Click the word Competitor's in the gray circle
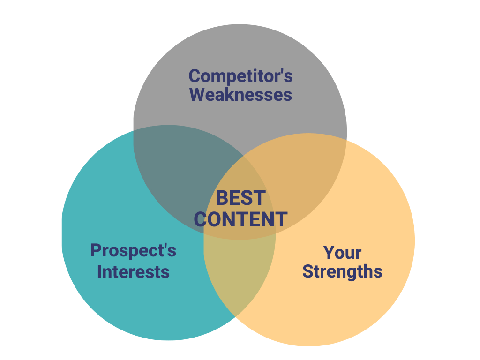click(240, 76)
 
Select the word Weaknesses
click(240, 95)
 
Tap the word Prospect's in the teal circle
click(133, 251)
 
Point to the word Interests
click(133, 272)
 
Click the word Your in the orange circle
click(342, 253)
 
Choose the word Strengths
click(342, 272)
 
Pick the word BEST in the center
click(240, 198)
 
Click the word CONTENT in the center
click(240, 219)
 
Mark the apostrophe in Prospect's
click(164, 246)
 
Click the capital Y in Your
click(330, 253)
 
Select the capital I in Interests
click(99, 272)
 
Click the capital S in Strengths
click(307, 271)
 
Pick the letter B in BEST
click(222, 198)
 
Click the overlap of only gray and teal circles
click(180, 165)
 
